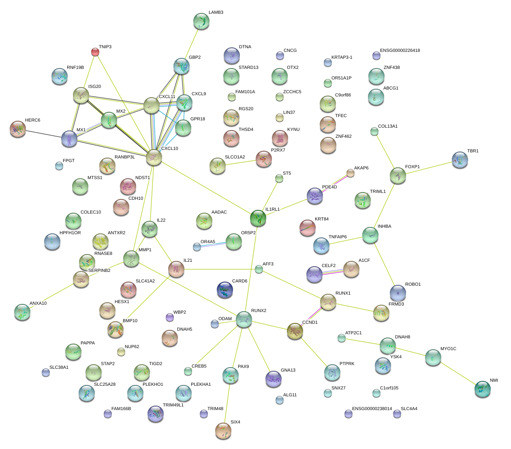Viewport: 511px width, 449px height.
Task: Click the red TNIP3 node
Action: tap(95, 51)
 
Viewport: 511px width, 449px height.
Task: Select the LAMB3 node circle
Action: tap(201, 21)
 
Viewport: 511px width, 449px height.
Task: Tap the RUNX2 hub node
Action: tap(244, 319)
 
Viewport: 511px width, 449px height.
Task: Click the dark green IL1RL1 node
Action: tap(258, 218)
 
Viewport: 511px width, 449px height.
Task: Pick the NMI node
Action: tap(482, 389)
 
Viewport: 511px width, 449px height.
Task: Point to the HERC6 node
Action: tap(18, 129)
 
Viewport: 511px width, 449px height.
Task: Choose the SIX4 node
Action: tap(222, 431)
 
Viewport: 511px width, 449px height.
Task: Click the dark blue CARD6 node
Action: tap(225, 290)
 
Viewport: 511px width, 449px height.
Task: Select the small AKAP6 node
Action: tap(350, 173)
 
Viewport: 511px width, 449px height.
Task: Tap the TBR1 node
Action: tap(460, 160)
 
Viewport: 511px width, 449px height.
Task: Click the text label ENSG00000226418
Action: tap(400, 51)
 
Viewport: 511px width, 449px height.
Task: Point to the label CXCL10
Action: tap(169, 149)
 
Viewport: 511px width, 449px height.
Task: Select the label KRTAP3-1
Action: tap(342, 58)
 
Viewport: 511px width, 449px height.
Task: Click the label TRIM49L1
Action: tap(173, 405)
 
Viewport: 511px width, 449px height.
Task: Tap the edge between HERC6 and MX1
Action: tap(44, 134)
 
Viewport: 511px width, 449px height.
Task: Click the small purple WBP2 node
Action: tap(170, 317)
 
